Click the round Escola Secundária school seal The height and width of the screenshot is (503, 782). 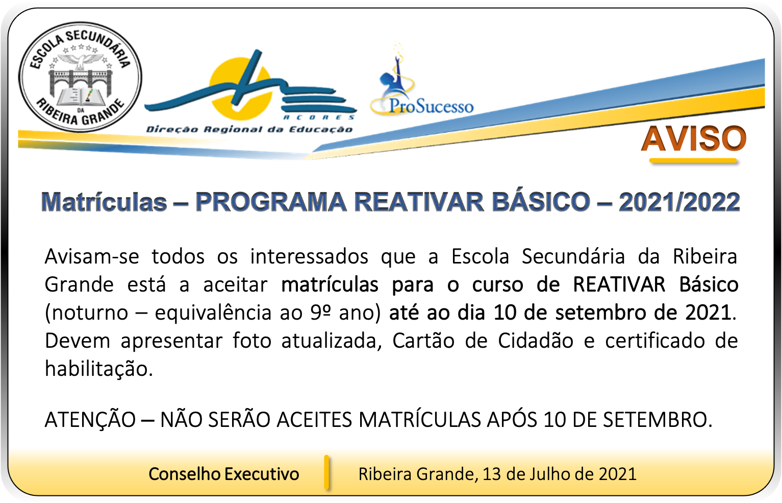(80, 77)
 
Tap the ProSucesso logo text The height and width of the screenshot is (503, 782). (431, 106)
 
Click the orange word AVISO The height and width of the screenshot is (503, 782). (693, 138)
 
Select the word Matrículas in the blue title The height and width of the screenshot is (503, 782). (104, 202)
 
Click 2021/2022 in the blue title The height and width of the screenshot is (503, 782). (679, 202)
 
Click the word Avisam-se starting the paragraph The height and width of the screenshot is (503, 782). (92, 256)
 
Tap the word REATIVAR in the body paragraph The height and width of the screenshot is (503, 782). (619, 284)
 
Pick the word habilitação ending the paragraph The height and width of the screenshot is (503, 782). (99, 369)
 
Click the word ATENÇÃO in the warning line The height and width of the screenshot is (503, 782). (90, 419)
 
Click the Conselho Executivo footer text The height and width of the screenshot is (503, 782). (224, 474)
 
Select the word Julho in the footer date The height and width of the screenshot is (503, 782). (549, 474)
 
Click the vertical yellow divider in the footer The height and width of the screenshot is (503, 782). (326, 472)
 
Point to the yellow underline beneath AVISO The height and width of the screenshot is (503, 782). (693, 161)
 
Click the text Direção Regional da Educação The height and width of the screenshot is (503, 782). (249, 129)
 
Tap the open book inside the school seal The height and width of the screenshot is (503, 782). (81, 97)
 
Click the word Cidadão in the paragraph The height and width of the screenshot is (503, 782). (536, 341)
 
